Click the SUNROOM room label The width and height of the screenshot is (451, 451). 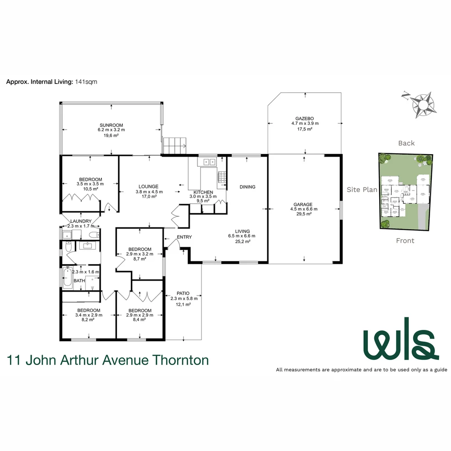(111, 125)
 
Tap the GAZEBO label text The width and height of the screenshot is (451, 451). (305, 119)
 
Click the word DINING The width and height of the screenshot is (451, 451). (247, 187)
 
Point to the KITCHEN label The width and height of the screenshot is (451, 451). (203, 192)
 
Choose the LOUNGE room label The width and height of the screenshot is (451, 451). (149, 187)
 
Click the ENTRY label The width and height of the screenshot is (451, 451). (184, 237)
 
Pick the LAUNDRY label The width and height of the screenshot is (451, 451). (81, 221)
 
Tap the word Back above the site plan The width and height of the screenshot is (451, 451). (406, 143)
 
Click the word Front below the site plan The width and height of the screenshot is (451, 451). (405, 241)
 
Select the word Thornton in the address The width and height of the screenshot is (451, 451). (181, 360)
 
